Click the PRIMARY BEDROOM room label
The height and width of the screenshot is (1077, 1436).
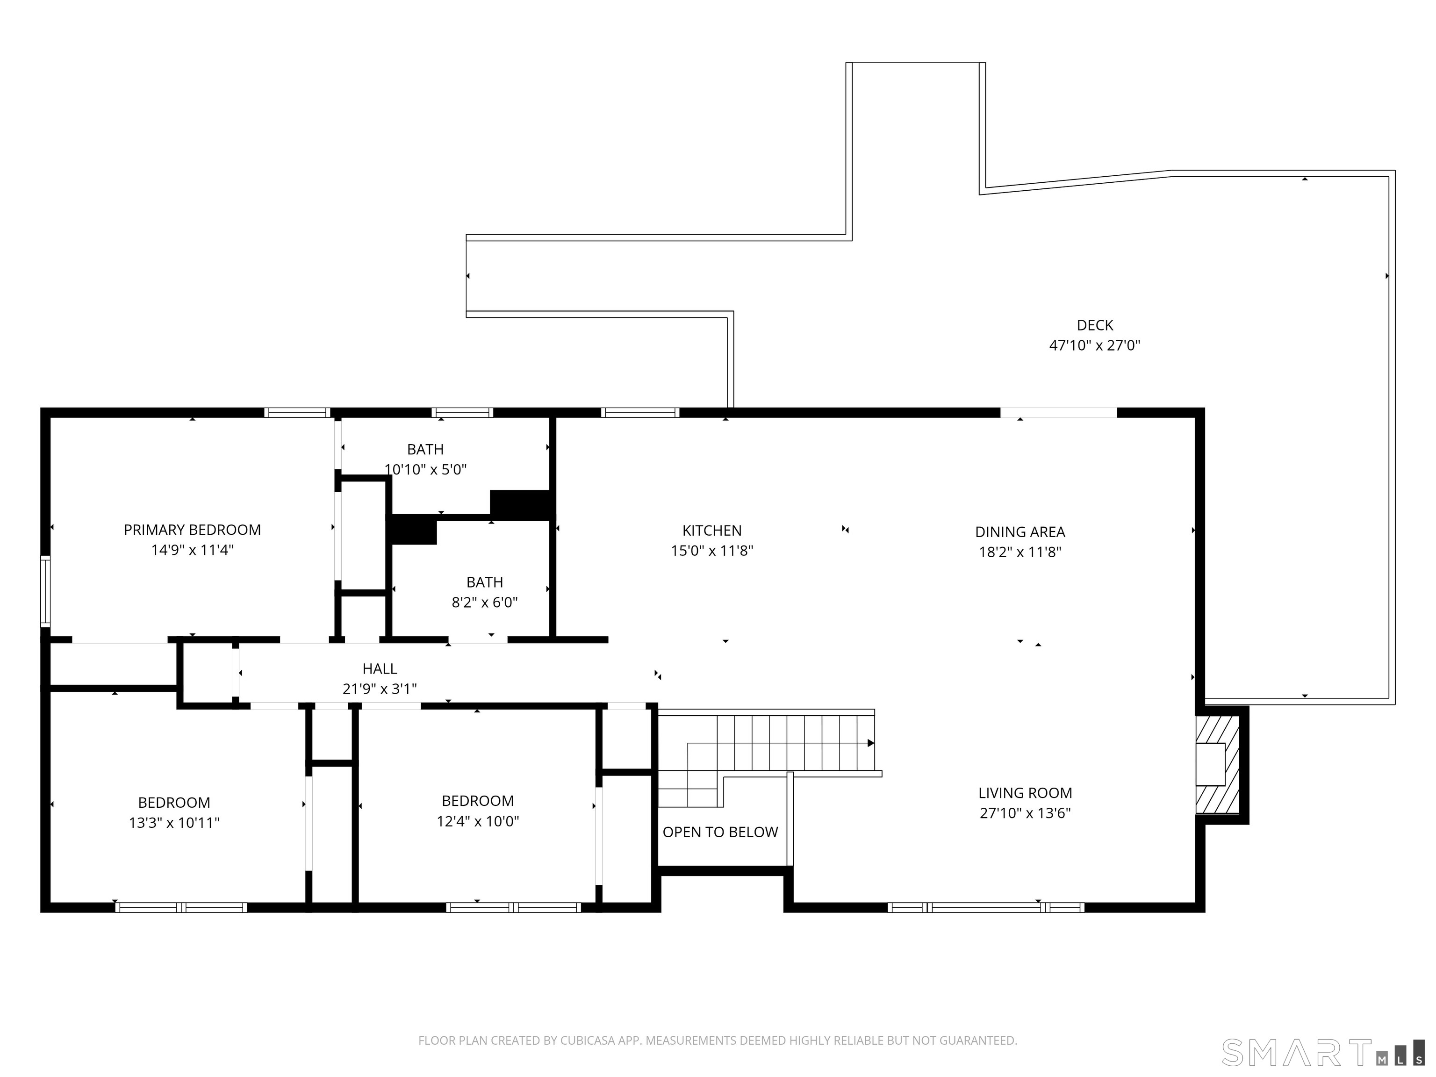click(192, 530)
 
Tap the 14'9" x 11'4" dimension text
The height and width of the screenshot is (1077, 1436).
click(192, 550)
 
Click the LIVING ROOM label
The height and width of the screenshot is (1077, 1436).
click(1025, 793)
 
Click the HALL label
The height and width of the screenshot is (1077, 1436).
click(380, 668)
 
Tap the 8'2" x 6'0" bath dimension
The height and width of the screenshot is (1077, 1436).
click(484, 603)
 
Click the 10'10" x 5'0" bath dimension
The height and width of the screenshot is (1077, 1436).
click(425, 469)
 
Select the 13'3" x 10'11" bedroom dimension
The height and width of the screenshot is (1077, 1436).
click(174, 823)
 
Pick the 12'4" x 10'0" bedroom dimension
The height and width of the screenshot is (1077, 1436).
click(478, 821)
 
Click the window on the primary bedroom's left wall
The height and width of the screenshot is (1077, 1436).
click(45, 591)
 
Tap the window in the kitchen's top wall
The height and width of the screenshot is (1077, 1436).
click(639, 412)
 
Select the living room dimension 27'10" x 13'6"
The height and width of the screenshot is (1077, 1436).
click(1025, 813)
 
